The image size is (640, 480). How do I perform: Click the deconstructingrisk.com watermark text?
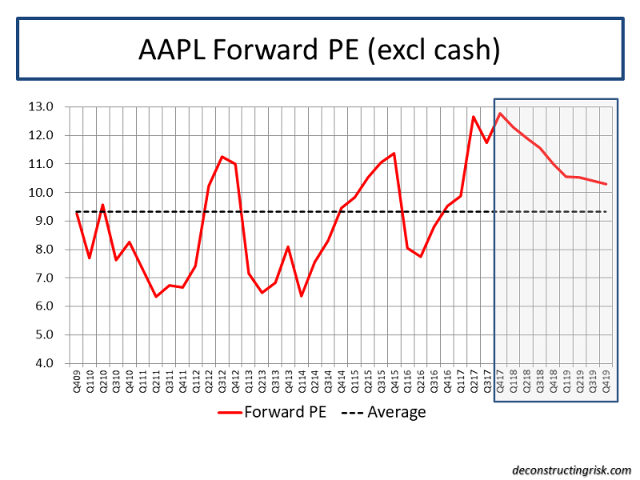pos(571,470)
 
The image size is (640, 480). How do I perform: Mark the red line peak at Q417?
pos(500,113)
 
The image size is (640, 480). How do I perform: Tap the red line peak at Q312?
pos(222,157)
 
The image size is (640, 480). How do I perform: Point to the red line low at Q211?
pos(155,297)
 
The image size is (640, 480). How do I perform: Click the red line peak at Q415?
pos(394,154)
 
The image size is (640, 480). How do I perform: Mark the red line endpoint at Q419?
pos(606,184)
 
